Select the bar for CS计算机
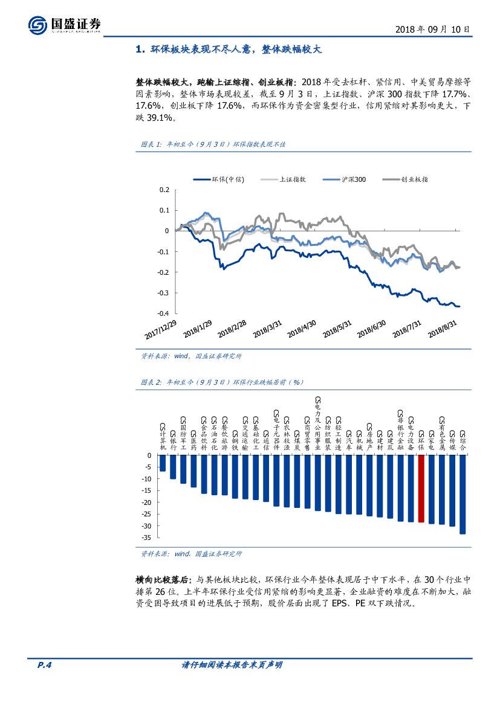pos(162,463)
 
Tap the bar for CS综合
pos(463,495)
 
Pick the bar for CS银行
pos(172,467)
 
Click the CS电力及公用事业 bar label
pos(318,423)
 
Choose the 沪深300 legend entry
pos(345,179)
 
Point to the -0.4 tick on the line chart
pos(162,313)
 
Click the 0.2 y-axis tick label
pos(164,190)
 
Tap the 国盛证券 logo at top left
pos(64,25)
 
